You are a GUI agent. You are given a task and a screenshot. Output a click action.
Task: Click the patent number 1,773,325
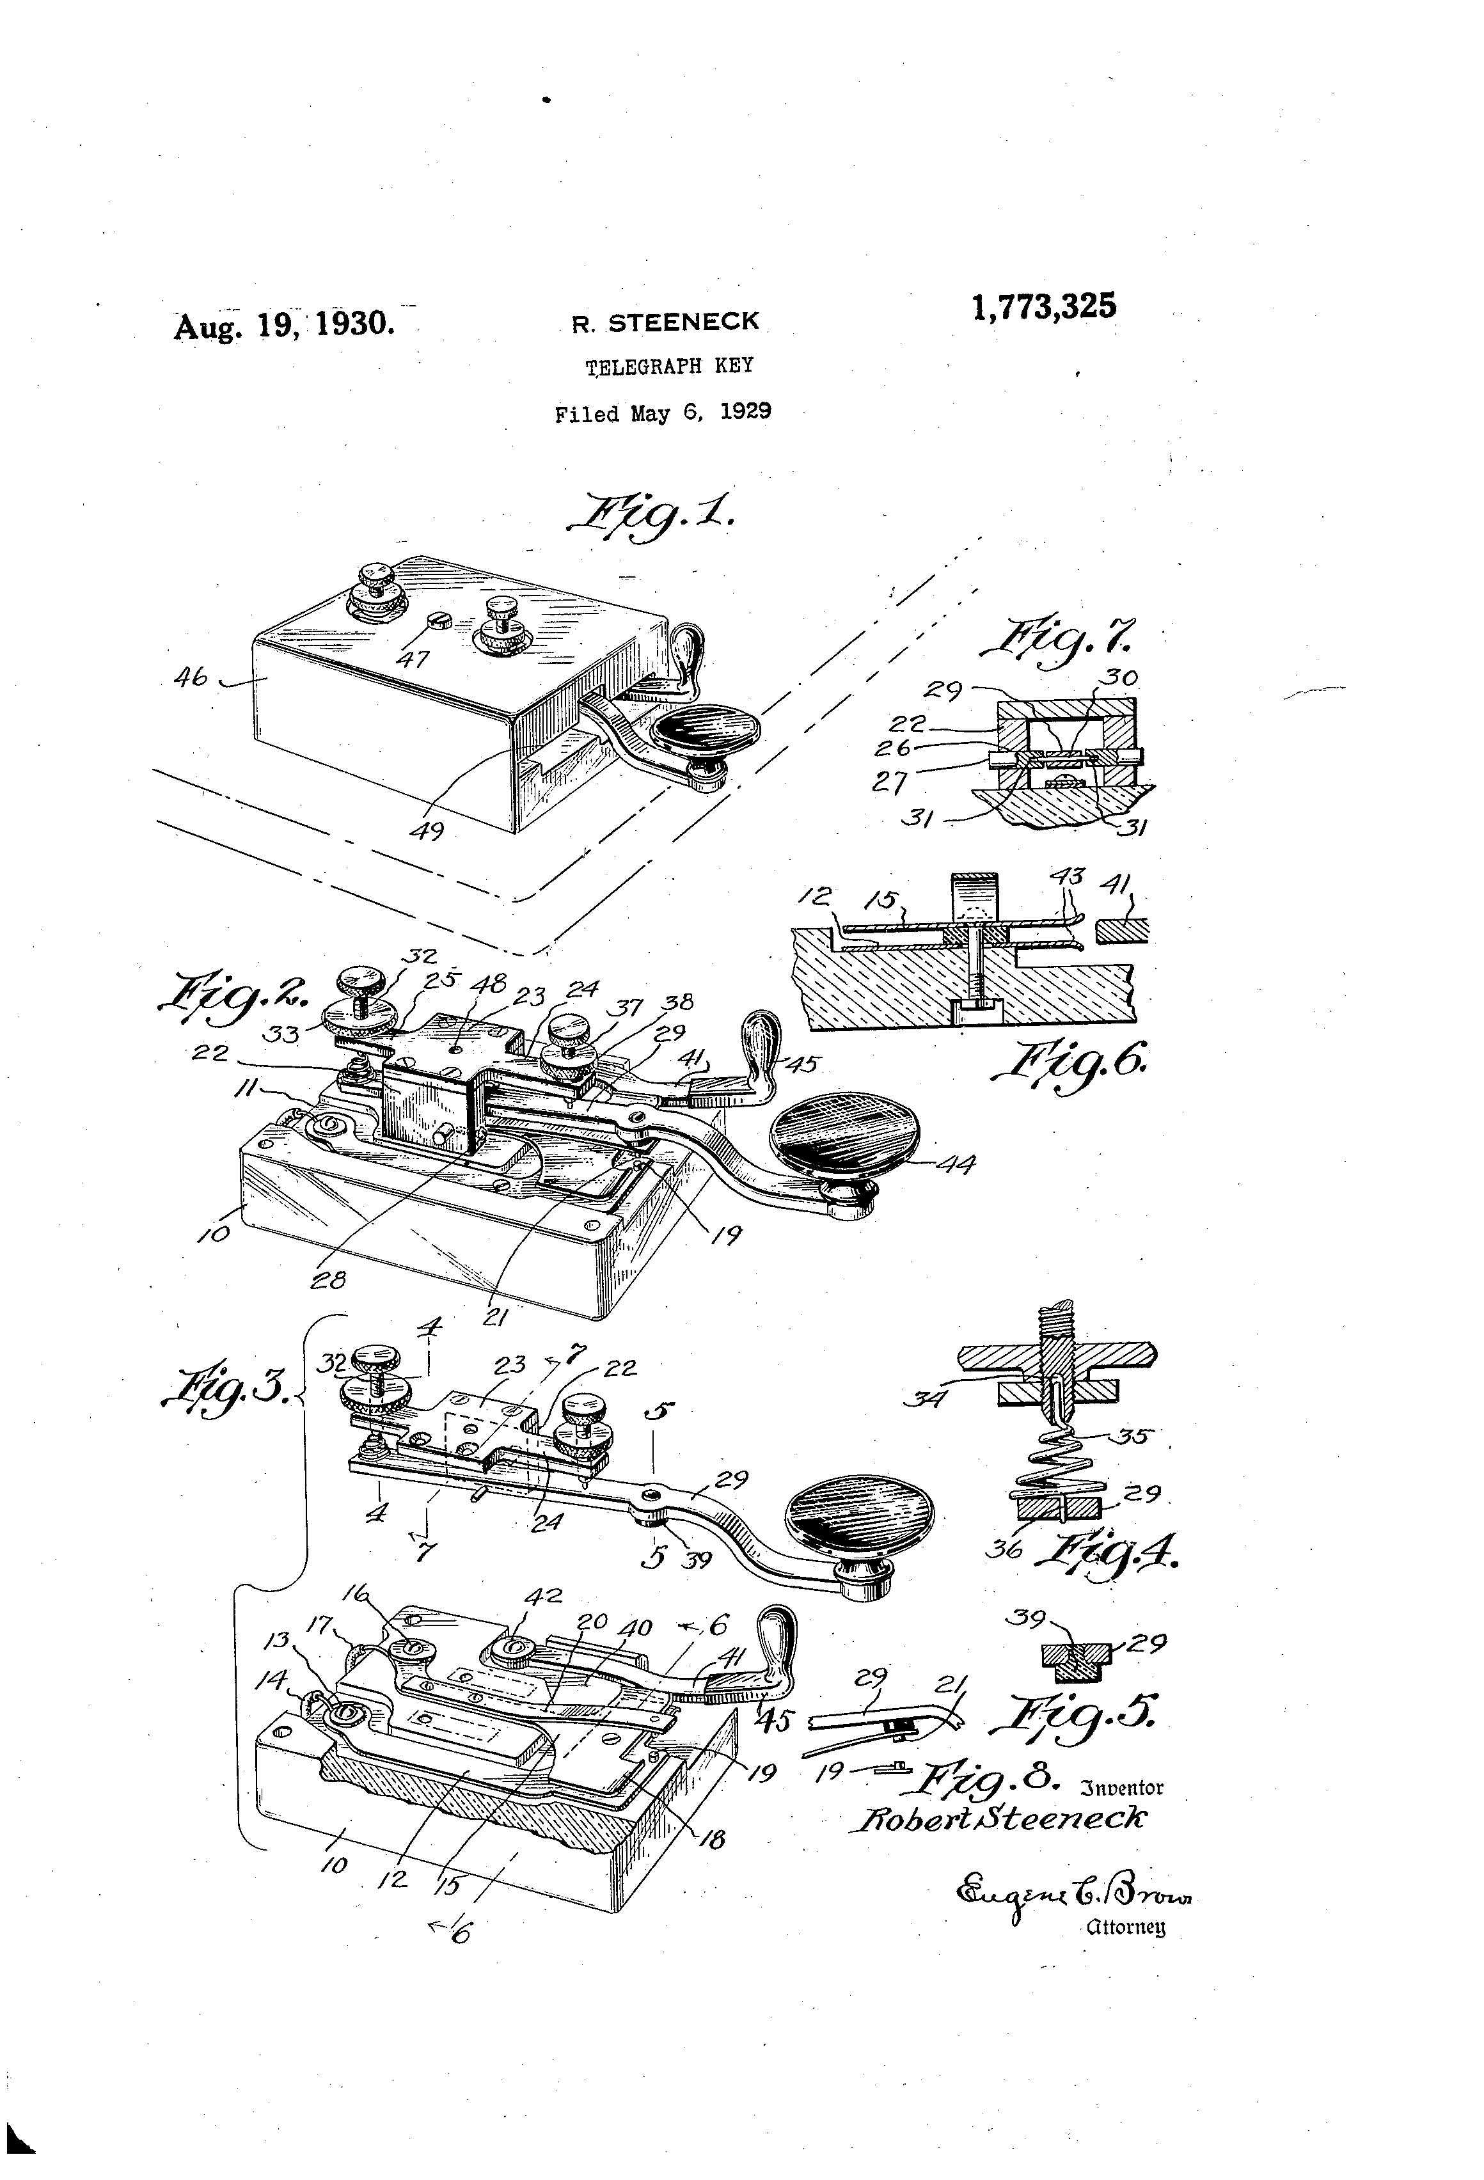[x=1043, y=307]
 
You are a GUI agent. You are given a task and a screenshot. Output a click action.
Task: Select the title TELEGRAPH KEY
[x=669, y=366]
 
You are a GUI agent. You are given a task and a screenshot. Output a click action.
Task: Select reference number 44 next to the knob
[x=955, y=1164]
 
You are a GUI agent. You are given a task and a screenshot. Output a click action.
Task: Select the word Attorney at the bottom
[x=1125, y=1929]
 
